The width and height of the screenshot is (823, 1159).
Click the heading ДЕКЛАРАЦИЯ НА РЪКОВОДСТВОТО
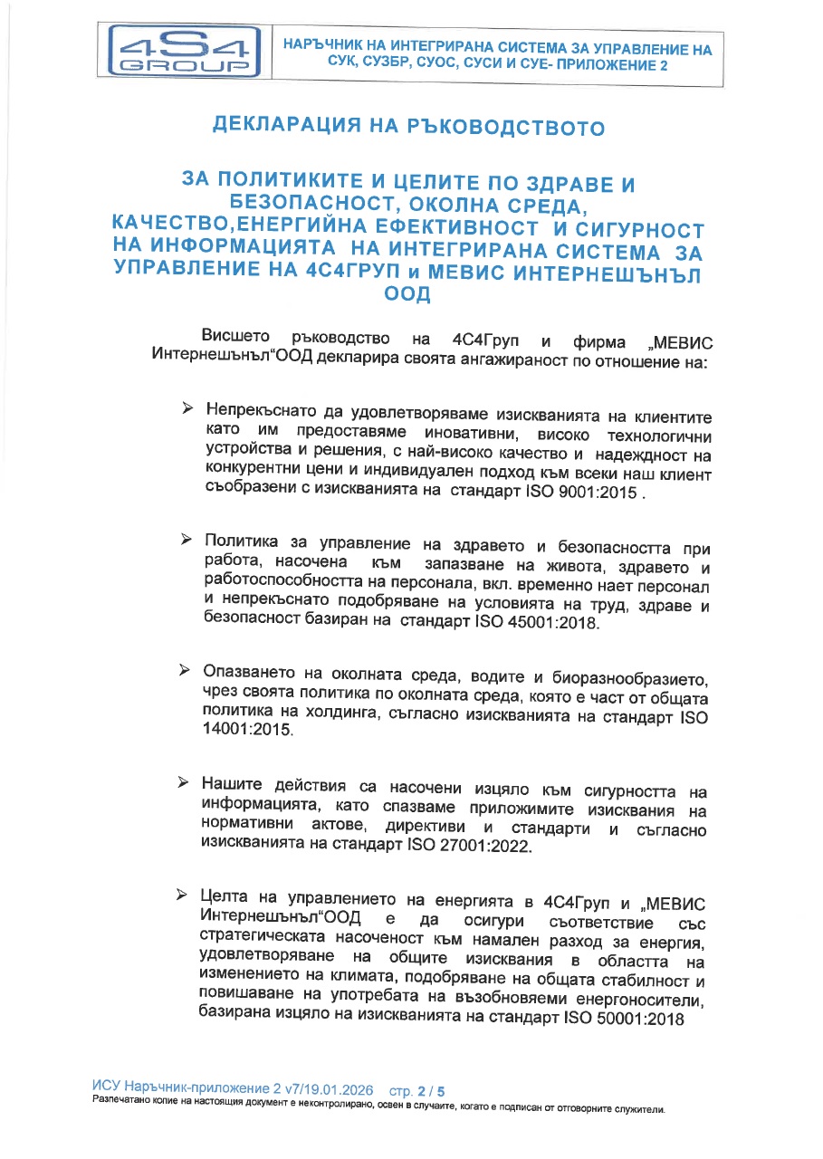pos(408,127)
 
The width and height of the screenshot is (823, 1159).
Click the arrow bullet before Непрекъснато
pos(187,411)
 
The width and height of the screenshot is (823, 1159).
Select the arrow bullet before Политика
pos(186,541)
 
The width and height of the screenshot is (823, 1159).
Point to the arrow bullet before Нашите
pos(184,781)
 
